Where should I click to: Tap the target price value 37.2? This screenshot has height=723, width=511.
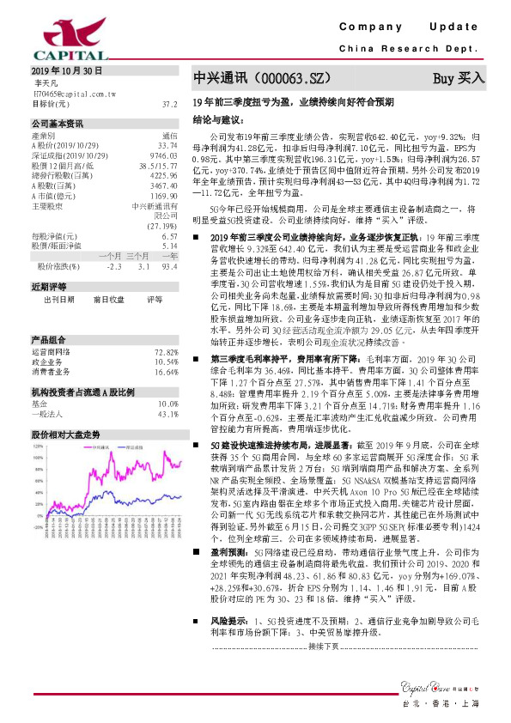[169, 103]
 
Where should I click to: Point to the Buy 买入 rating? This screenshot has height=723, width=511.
[459, 78]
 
